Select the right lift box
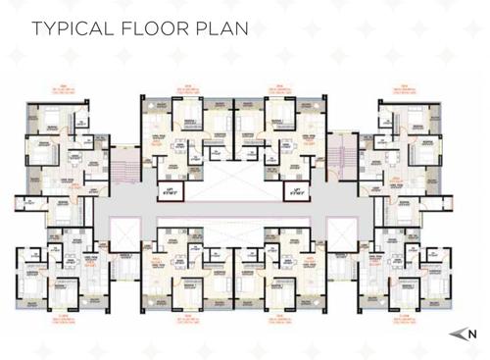(x=293, y=187)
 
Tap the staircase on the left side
(x=123, y=161)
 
